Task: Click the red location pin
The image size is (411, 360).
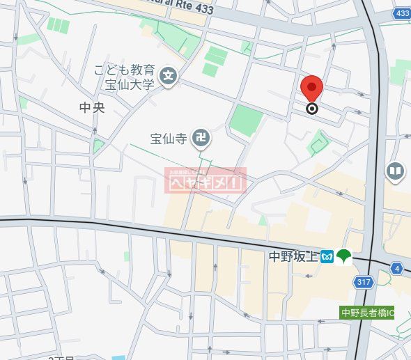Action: [312, 89]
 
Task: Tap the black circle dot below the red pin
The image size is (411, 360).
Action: [312, 108]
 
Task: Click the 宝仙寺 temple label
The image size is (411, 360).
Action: [169, 138]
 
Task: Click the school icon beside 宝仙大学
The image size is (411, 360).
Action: [168, 76]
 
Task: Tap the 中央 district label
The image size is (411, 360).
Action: [91, 108]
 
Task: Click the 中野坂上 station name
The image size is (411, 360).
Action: [293, 257]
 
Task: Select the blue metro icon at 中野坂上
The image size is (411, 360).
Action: [327, 257]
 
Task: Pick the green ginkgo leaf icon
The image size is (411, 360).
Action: [344, 257]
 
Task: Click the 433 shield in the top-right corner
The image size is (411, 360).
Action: [401, 13]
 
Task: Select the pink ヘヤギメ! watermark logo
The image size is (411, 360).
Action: [205, 180]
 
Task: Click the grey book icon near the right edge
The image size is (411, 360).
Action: [395, 170]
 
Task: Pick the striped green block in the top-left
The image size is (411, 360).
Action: [59, 26]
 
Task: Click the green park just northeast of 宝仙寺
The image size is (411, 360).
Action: [246, 120]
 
